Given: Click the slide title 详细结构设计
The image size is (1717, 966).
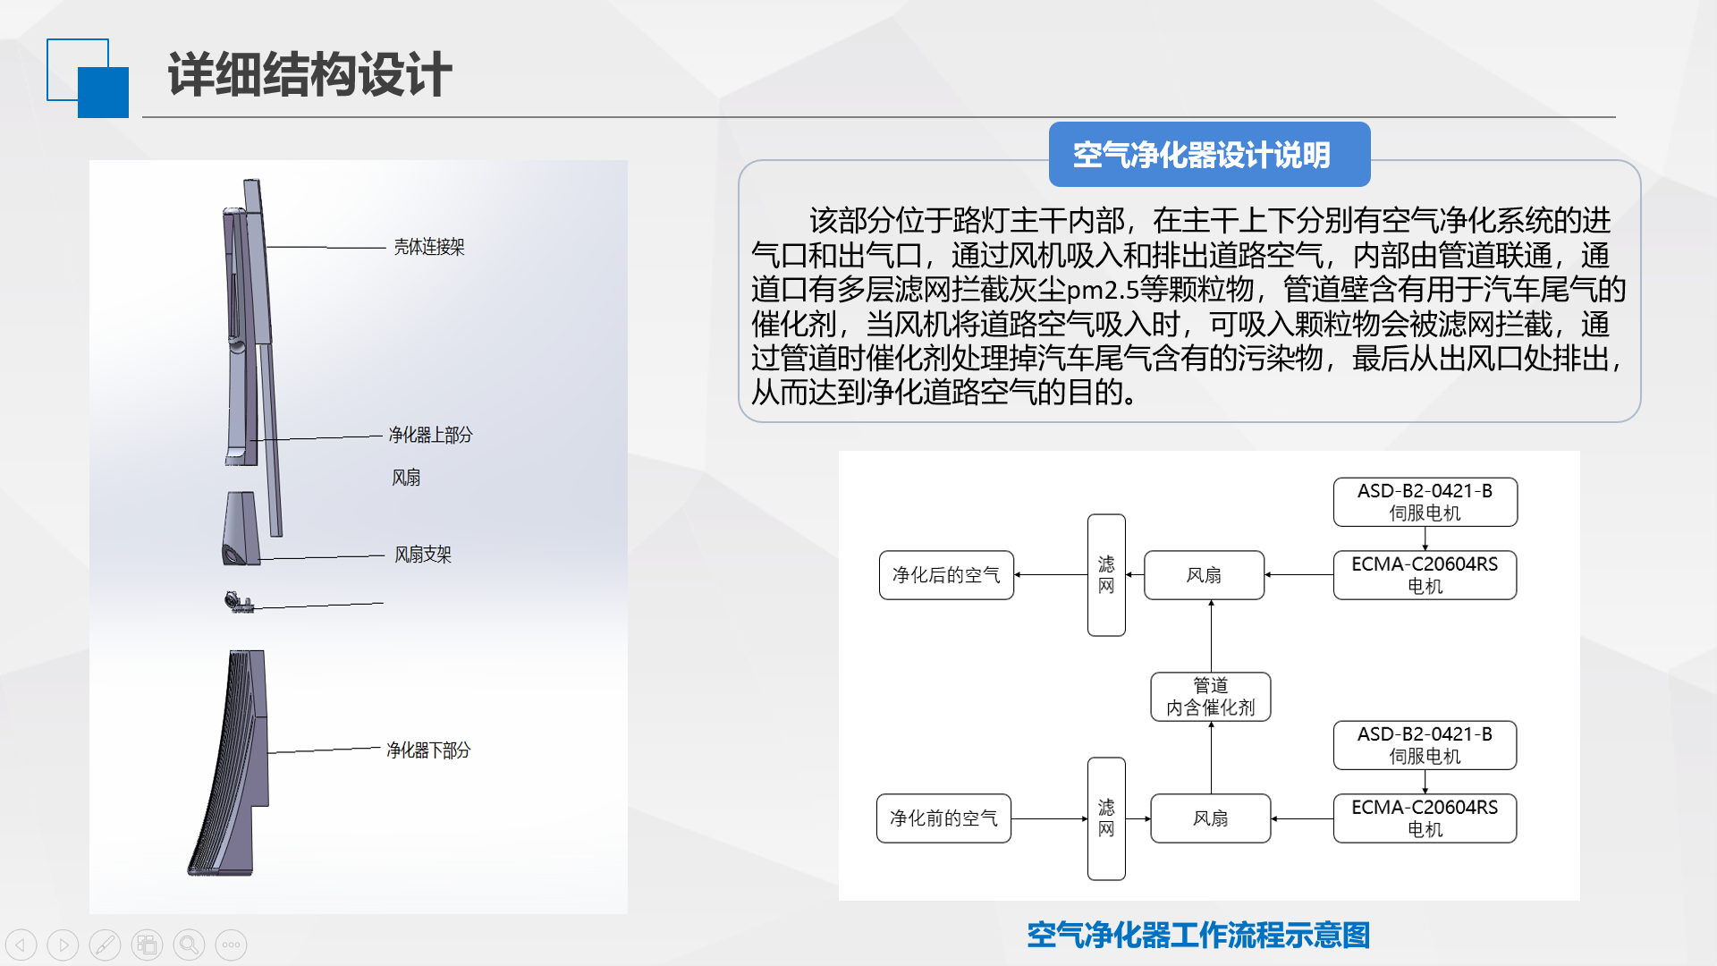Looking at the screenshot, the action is tap(309, 74).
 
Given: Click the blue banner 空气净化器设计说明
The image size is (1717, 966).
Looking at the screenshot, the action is tap(1209, 154).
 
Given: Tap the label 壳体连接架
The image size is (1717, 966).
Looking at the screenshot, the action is tap(429, 247).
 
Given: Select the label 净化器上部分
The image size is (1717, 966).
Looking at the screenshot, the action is tap(430, 435).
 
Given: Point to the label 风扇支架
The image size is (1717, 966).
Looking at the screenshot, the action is tap(423, 555).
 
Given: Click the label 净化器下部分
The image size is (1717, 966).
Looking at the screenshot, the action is tap(428, 750).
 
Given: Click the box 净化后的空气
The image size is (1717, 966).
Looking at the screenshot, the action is tap(946, 575).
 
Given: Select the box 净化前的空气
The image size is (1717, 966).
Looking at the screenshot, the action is tap(943, 818).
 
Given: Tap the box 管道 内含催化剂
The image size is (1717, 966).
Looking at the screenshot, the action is tap(1211, 697).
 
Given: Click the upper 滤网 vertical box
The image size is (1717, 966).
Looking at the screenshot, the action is tap(1106, 575).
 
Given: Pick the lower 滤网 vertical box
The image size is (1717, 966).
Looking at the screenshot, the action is tap(1106, 818).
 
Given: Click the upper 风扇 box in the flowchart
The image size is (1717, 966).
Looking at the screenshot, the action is tap(1204, 575).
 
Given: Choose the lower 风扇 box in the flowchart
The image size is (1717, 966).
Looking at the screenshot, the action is tap(1211, 818).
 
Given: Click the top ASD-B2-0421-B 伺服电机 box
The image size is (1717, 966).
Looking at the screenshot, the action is tap(1425, 502).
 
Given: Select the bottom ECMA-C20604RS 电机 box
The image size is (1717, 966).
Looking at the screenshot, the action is tap(1425, 818).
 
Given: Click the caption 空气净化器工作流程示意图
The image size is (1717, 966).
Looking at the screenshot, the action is tap(1198, 935).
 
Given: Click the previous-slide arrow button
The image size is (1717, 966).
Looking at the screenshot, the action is tap(21, 945).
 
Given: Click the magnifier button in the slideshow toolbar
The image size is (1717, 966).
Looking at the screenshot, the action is tap(189, 945).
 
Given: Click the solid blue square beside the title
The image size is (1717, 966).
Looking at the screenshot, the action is tap(103, 92).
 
